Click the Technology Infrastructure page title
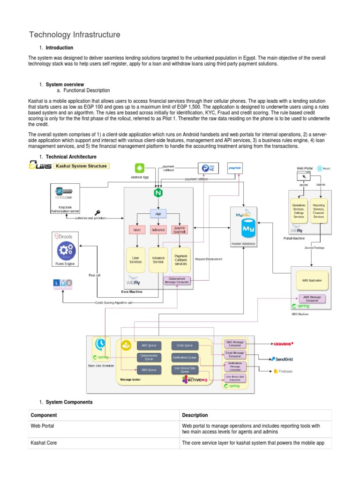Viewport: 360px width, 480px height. [75, 35]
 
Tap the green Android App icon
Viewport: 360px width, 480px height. [139, 168]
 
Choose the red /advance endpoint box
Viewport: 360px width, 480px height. [157, 230]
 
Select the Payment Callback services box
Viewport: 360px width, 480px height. [180, 260]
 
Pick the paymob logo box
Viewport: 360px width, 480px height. [234, 167]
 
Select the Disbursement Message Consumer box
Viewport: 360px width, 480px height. [177, 280]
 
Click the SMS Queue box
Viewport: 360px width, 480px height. [149, 370]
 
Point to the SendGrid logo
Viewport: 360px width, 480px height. [282, 359]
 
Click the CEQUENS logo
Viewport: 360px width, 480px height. [283, 344]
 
